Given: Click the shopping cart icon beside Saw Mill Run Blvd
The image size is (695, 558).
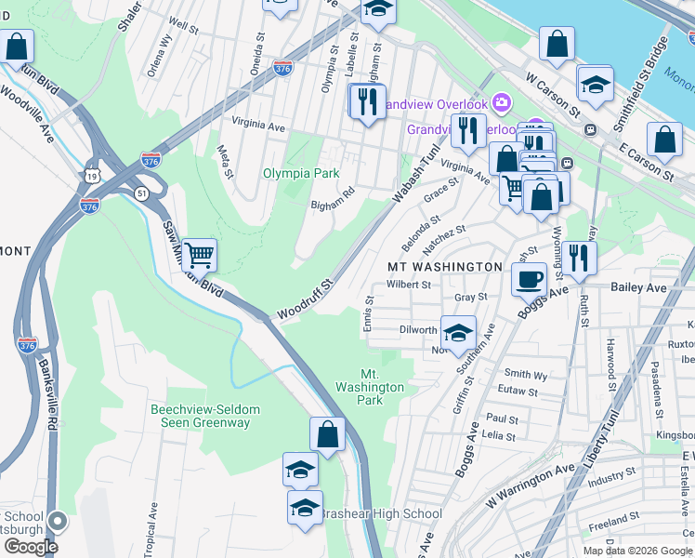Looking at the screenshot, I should (199, 254).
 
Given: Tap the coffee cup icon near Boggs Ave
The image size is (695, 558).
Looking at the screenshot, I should (530, 278).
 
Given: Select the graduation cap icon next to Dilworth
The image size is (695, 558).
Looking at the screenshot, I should (457, 333).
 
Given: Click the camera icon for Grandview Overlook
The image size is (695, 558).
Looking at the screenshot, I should (501, 101).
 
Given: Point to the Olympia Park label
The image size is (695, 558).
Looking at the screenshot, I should (300, 173).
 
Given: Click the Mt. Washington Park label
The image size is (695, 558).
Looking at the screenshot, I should (370, 387).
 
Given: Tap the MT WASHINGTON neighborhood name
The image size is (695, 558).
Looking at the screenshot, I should (444, 267).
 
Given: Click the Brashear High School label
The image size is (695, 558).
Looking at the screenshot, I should (381, 514).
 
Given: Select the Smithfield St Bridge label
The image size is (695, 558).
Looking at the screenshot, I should (640, 83).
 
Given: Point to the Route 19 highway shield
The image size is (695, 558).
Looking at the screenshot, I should (90, 174).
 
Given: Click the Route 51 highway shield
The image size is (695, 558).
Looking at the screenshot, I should (140, 193).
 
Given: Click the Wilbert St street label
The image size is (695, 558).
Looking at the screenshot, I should (410, 285).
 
